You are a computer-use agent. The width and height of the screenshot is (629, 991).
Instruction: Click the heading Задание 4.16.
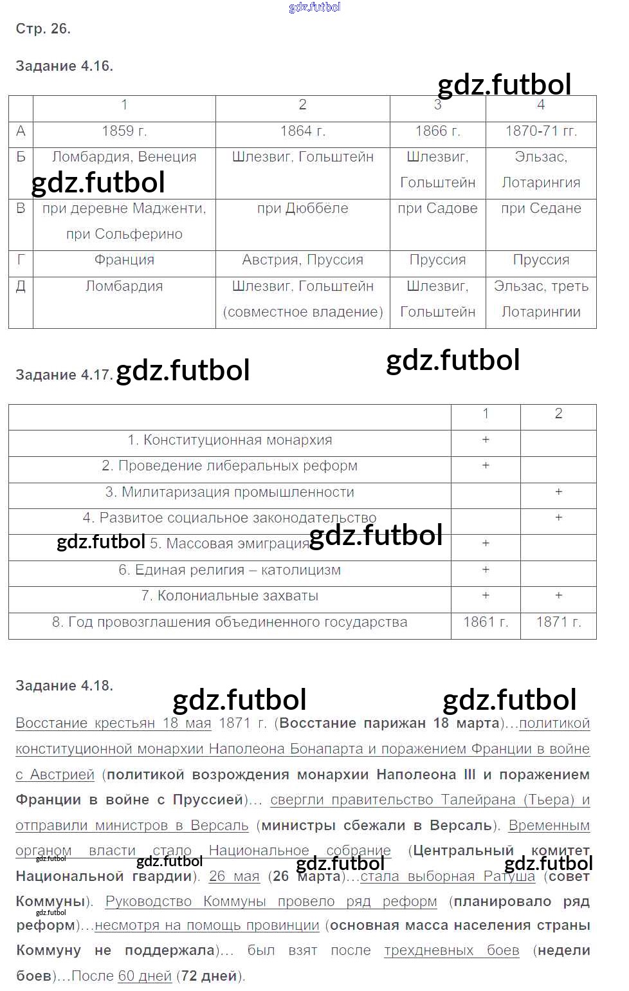point(64,66)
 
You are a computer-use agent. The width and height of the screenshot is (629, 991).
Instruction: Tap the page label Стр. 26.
point(43,29)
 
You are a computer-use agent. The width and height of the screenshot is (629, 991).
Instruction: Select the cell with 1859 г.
point(124,131)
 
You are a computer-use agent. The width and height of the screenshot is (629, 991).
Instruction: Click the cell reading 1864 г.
point(303,131)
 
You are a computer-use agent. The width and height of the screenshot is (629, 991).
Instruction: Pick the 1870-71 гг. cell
point(541,131)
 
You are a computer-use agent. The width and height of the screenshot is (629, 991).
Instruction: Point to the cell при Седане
point(541,208)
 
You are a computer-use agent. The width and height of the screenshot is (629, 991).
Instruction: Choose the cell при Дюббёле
point(303,208)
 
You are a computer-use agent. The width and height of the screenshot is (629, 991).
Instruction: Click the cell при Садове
point(437,208)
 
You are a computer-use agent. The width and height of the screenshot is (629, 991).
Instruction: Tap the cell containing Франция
point(124,260)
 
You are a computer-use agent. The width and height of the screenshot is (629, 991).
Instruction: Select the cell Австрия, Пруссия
point(303,260)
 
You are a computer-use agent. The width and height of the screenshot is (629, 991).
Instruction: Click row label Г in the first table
point(21,260)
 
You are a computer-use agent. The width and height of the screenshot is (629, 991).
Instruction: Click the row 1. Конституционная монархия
point(230,440)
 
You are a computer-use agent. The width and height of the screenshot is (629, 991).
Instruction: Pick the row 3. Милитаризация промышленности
point(230,492)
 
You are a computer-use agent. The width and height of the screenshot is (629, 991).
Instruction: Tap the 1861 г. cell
point(486,622)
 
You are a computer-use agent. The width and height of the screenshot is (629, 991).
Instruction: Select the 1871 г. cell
point(558,622)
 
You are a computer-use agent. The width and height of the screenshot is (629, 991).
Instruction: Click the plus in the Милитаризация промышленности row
point(558,492)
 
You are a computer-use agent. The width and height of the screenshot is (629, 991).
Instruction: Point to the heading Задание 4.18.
point(64,686)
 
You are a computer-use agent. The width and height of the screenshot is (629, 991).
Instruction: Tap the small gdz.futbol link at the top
point(314,7)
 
